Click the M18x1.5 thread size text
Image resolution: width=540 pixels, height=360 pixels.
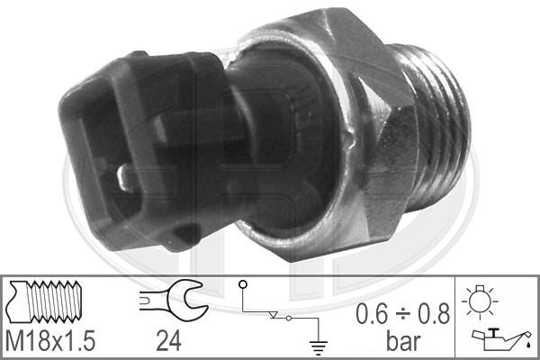[x=50, y=340]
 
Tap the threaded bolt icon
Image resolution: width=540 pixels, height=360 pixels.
[x=44, y=301]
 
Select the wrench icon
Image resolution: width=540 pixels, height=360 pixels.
[x=174, y=300]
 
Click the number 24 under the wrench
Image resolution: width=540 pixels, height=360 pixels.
[x=169, y=341]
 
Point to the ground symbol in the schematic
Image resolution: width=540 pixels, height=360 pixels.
[x=319, y=347]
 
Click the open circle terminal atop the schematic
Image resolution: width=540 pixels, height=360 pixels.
[x=243, y=284]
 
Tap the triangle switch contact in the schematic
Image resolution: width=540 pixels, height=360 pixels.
[x=274, y=315]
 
